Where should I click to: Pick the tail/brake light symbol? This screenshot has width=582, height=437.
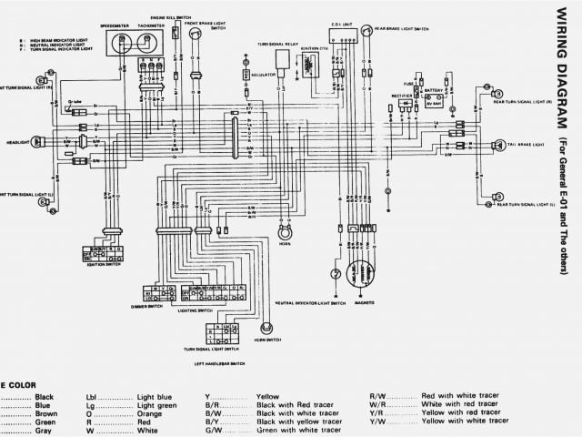pyautogui.click(x=498, y=146)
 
